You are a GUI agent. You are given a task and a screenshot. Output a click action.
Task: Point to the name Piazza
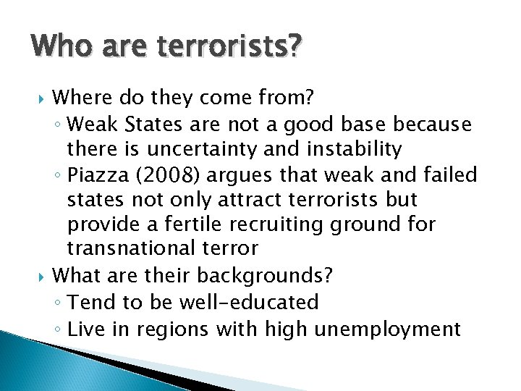pos(108,175)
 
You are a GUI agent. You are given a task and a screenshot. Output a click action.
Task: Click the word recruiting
pos(287,224)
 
